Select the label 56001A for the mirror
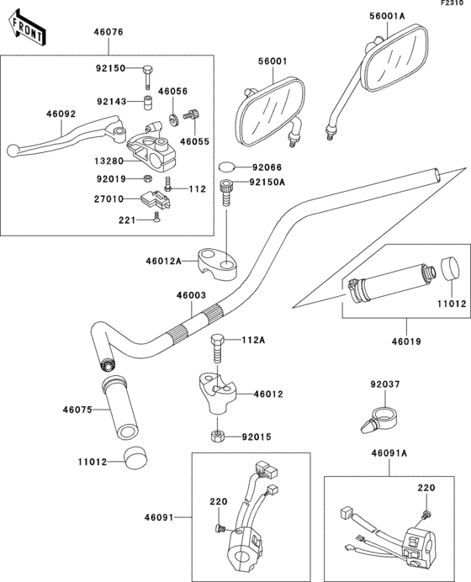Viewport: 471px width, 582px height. point(387,14)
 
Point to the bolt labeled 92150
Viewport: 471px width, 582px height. point(147,75)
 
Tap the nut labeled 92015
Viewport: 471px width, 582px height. point(216,436)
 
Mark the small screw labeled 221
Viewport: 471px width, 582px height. point(157,220)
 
